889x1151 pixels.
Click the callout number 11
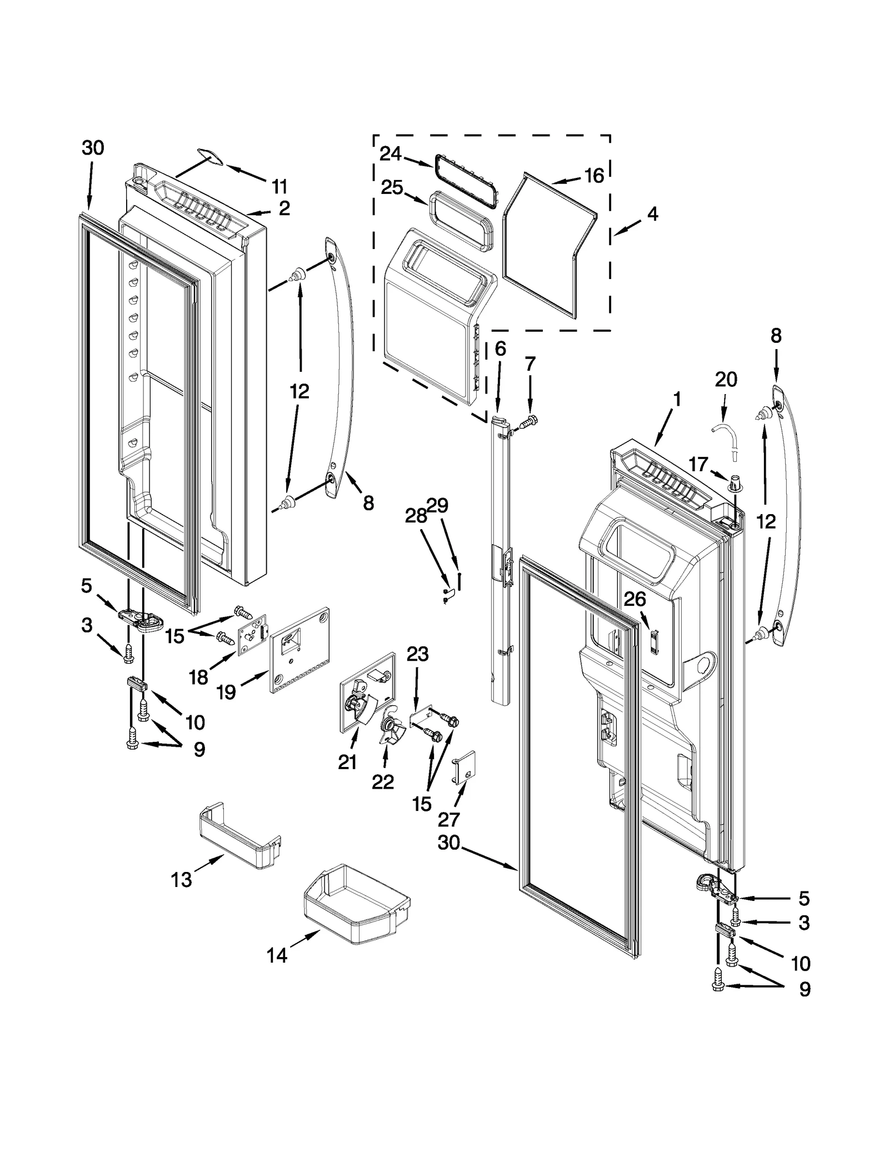tap(279, 186)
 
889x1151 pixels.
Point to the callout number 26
tap(635, 599)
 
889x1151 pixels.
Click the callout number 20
tap(726, 379)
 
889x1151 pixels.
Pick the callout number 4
tap(652, 213)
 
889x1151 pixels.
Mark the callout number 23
tap(417, 654)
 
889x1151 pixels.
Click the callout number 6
tap(500, 349)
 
